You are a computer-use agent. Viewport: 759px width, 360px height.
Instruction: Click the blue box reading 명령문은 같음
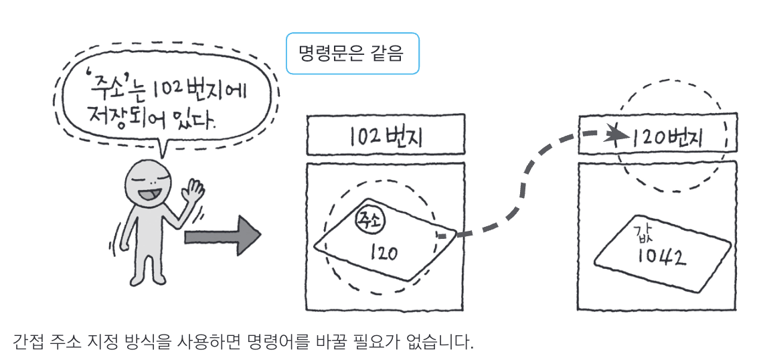[353, 53]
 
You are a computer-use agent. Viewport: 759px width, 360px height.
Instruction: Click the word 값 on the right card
[642, 236]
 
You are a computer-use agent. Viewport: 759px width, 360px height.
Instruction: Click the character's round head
[149, 184]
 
